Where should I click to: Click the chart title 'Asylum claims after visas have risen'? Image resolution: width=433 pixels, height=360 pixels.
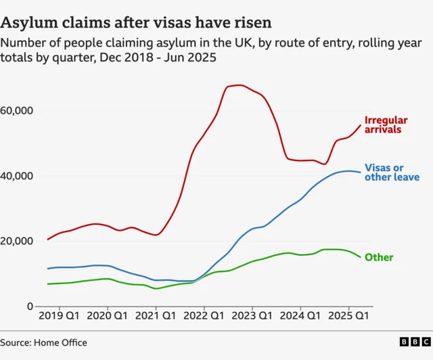(137, 22)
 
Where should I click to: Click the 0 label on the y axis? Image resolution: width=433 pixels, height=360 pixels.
(31, 307)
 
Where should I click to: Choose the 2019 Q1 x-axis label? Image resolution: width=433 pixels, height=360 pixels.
(60, 316)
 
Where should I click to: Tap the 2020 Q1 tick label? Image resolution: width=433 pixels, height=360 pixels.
(108, 316)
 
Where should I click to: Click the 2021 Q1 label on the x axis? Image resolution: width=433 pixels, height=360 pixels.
(156, 316)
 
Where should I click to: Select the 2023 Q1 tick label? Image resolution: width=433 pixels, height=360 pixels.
(252, 316)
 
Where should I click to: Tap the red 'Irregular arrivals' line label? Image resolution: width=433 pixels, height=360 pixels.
(386, 125)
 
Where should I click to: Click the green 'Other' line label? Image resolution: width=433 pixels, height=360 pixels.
(379, 258)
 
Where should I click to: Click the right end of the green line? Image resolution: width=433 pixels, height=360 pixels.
(360, 257)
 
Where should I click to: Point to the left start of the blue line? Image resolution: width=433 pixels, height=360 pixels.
(47, 269)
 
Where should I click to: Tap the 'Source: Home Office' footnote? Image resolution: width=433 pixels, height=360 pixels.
(44, 343)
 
